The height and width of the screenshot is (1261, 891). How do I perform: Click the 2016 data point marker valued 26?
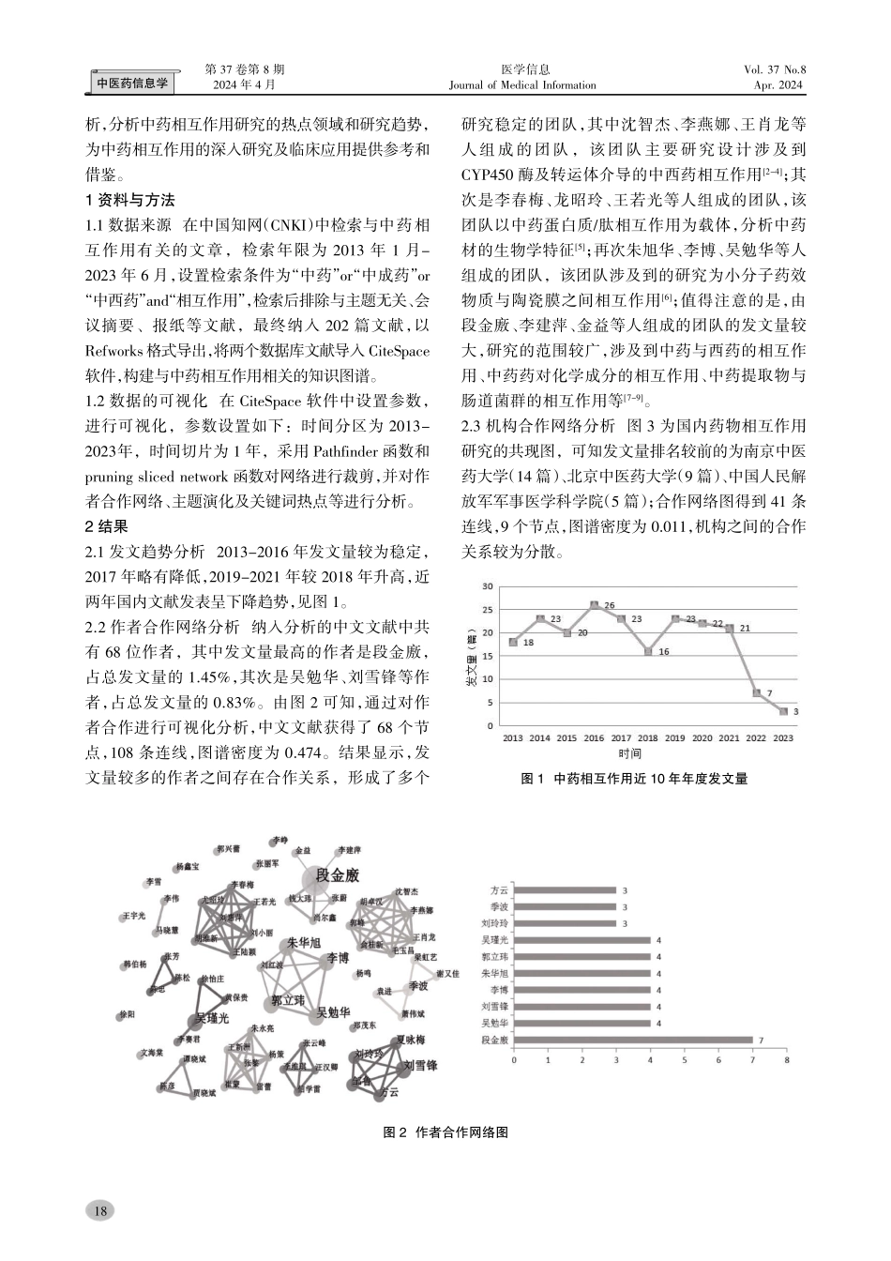tap(594, 605)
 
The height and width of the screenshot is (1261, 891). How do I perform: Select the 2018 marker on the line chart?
tap(648, 651)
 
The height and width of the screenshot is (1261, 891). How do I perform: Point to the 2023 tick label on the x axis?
tap(783, 738)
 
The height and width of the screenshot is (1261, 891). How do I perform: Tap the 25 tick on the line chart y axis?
tap(487, 610)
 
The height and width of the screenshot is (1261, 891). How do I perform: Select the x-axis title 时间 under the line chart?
tap(630, 753)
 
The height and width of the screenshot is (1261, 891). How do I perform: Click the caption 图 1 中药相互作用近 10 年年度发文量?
tap(633, 779)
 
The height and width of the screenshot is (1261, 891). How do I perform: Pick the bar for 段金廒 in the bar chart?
tap(633, 1039)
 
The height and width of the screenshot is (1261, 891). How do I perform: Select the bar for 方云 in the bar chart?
tap(565, 890)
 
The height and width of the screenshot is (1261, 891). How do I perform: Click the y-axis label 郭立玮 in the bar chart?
tap(494, 957)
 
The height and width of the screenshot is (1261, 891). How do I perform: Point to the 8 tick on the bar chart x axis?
tap(787, 1060)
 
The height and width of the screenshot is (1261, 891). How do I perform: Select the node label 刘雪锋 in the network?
tap(420, 1066)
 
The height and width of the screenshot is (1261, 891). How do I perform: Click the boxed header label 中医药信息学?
tap(133, 84)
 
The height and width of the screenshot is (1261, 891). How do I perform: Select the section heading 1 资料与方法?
tap(129, 200)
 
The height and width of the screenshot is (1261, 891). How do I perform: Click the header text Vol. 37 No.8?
tap(774, 69)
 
